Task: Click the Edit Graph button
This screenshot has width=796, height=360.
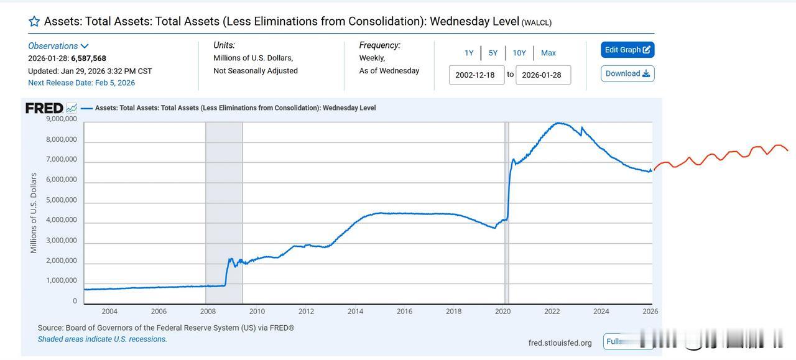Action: coord(627,50)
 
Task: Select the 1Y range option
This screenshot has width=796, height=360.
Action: coord(469,53)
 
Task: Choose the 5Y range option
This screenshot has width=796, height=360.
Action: coord(493,53)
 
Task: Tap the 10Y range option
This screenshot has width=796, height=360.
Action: coord(519,53)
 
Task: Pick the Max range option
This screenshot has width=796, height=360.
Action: coord(548,53)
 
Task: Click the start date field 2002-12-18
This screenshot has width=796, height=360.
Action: coord(476,75)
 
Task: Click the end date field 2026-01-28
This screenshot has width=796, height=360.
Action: coord(542,75)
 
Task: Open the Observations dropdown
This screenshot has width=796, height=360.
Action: coord(58,46)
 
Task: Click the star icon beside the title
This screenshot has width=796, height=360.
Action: coord(34,22)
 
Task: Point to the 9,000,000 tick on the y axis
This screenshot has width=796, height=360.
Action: coord(62,119)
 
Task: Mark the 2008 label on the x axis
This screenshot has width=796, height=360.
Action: coord(208,311)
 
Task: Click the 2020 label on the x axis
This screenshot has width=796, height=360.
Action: coord(502,311)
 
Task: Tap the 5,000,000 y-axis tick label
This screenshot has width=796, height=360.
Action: coord(62,200)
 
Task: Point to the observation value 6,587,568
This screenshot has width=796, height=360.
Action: coord(88,58)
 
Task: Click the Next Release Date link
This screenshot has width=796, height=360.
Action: coord(81,83)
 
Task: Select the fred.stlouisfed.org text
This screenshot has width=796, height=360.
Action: coord(560,343)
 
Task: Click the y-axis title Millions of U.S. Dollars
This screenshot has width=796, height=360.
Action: coord(34,213)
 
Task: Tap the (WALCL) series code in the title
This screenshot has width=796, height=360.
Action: coord(537,22)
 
